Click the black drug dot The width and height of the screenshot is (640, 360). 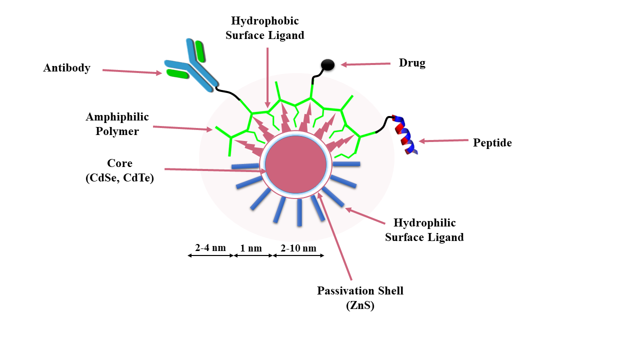(327, 64)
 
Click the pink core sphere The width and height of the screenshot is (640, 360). (295, 163)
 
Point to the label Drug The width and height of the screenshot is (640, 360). (412, 63)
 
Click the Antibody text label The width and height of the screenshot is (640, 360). (66, 68)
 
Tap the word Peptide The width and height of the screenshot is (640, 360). (492, 143)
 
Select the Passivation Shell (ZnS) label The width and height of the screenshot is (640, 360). (360, 298)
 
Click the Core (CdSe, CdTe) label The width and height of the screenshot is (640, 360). (119, 170)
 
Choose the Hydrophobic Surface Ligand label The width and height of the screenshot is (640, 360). (264, 28)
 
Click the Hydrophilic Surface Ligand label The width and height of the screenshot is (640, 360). (424, 230)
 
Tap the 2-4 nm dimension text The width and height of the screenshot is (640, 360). (210, 248)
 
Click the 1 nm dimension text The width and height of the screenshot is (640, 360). (251, 248)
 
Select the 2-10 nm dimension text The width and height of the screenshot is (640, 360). (298, 248)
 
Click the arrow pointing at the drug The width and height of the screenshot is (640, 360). (365, 64)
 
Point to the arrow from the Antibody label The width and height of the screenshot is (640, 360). (132, 72)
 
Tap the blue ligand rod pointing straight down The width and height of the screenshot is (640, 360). (299, 212)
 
